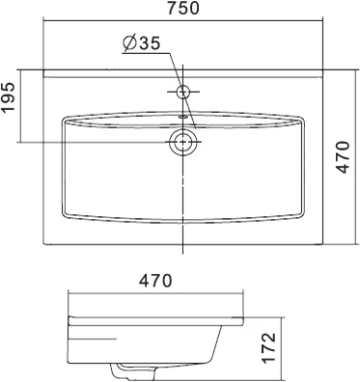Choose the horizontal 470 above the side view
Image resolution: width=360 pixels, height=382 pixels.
click(x=153, y=281)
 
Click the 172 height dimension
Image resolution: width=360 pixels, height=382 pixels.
click(x=270, y=345)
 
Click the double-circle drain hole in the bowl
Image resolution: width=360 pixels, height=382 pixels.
click(x=181, y=144)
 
